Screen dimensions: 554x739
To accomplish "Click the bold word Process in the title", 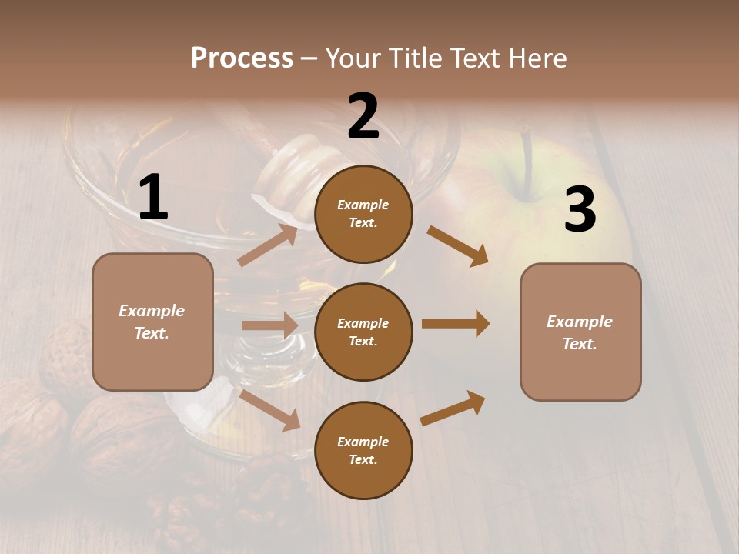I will click(242, 58).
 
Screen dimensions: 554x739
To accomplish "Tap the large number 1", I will click(153, 199).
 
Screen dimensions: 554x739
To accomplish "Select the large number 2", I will click(363, 117).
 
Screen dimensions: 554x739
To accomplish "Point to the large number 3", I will click(580, 210).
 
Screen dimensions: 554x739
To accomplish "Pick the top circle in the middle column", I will click(363, 214).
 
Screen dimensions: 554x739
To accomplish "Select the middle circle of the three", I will click(363, 332).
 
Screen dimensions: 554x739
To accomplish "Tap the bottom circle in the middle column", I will click(363, 450).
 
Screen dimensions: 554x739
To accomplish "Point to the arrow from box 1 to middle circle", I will click(269, 325).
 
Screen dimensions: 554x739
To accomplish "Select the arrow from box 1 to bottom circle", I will click(269, 409).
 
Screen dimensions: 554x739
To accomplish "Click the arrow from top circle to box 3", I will click(458, 245).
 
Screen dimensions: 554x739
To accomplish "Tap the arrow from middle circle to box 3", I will click(456, 323).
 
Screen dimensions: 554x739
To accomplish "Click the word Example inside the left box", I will click(152, 311).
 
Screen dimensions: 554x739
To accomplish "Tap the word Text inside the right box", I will click(580, 344).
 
